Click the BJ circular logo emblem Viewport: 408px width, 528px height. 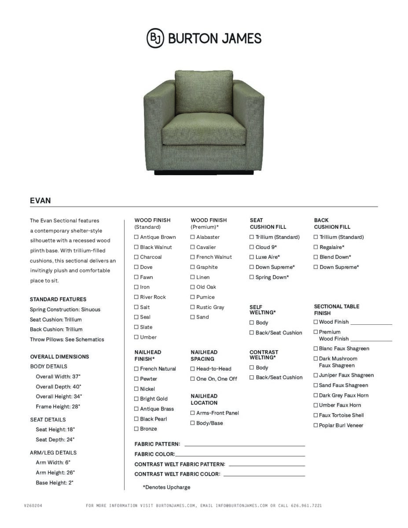(155, 38)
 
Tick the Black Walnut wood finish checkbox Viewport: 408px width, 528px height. (136, 247)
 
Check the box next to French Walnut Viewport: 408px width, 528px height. (193, 257)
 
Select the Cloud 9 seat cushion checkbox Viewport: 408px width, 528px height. (252, 247)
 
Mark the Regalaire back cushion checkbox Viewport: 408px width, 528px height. (316, 247)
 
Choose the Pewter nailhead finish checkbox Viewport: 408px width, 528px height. (136, 379)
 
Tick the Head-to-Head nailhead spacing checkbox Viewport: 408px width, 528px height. (193, 369)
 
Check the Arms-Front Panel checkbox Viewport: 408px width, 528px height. (193, 413)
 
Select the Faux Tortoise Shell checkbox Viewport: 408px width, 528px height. (316, 415)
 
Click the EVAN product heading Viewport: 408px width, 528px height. (40, 201)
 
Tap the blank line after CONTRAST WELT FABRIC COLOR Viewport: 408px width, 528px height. (264, 475)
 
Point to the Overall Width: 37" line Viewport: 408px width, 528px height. (58, 377)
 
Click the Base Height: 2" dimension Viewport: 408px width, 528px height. (55, 483)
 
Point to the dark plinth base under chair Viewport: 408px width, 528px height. (204, 173)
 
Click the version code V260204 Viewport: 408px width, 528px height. (33, 506)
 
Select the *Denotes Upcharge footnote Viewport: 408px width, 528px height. (166, 487)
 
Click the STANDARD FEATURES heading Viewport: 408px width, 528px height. (58, 299)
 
